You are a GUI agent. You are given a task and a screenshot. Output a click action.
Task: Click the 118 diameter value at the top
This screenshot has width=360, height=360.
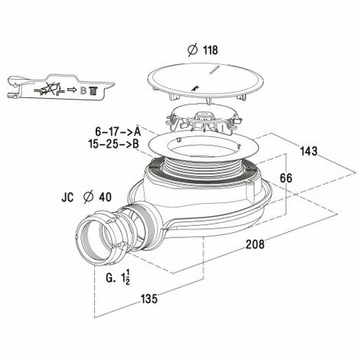point(211,51)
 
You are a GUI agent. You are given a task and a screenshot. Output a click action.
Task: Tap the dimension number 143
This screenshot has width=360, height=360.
point(309,151)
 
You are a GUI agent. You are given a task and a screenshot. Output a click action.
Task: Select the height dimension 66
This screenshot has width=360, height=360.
point(286,178)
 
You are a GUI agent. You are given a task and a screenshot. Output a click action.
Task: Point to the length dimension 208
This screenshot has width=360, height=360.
point(255,244)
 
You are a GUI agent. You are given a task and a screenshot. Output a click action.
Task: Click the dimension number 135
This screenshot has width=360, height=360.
point(149,299)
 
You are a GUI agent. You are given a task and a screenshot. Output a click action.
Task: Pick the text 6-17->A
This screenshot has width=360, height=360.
point(118,132)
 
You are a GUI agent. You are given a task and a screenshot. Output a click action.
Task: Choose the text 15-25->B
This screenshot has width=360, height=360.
point(114,144)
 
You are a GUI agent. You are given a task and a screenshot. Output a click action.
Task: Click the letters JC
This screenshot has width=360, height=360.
point(67,198)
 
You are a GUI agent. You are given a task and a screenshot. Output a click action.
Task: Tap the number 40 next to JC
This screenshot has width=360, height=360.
point(105,197)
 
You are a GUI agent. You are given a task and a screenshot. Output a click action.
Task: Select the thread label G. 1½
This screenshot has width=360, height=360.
point(118,278)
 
